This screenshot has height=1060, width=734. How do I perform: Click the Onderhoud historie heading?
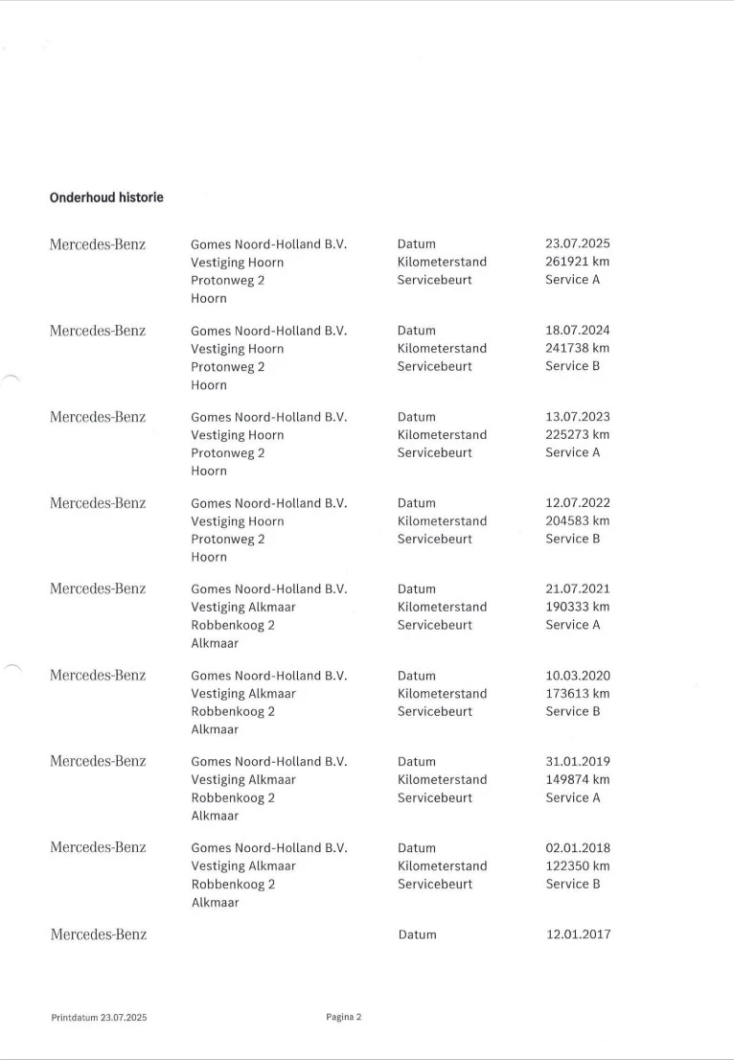(106, 197)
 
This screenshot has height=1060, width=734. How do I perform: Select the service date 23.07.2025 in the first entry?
(577, 243)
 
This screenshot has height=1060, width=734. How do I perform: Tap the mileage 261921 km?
(577, 262)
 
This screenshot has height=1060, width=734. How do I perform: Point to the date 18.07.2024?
(577, 331)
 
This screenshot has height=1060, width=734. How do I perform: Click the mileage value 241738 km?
(577, 349)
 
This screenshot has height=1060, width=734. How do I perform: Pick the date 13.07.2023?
(577, 417)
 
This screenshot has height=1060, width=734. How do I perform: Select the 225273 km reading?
(577, 435)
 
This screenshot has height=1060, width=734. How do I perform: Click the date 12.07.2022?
(577, 503)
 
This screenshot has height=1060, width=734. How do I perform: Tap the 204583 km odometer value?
(577, 521)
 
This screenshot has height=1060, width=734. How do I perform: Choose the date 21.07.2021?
(577, 589)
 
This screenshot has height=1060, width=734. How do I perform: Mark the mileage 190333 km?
(577, 608)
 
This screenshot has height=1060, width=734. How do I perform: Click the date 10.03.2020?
(577, 676)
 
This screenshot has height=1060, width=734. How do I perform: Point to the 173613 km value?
(577, 694)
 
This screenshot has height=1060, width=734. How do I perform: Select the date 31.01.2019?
(577, 762)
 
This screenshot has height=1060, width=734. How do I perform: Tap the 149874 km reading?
(577, 780)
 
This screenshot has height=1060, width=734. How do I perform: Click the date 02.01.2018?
(577, 848)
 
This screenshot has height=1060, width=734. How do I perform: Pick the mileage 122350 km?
(577, 866)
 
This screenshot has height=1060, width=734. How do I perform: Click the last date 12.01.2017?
(577, 934)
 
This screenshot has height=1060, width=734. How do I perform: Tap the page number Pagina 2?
(343, 1017)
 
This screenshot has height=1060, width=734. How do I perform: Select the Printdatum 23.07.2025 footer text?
(99, 1017)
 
